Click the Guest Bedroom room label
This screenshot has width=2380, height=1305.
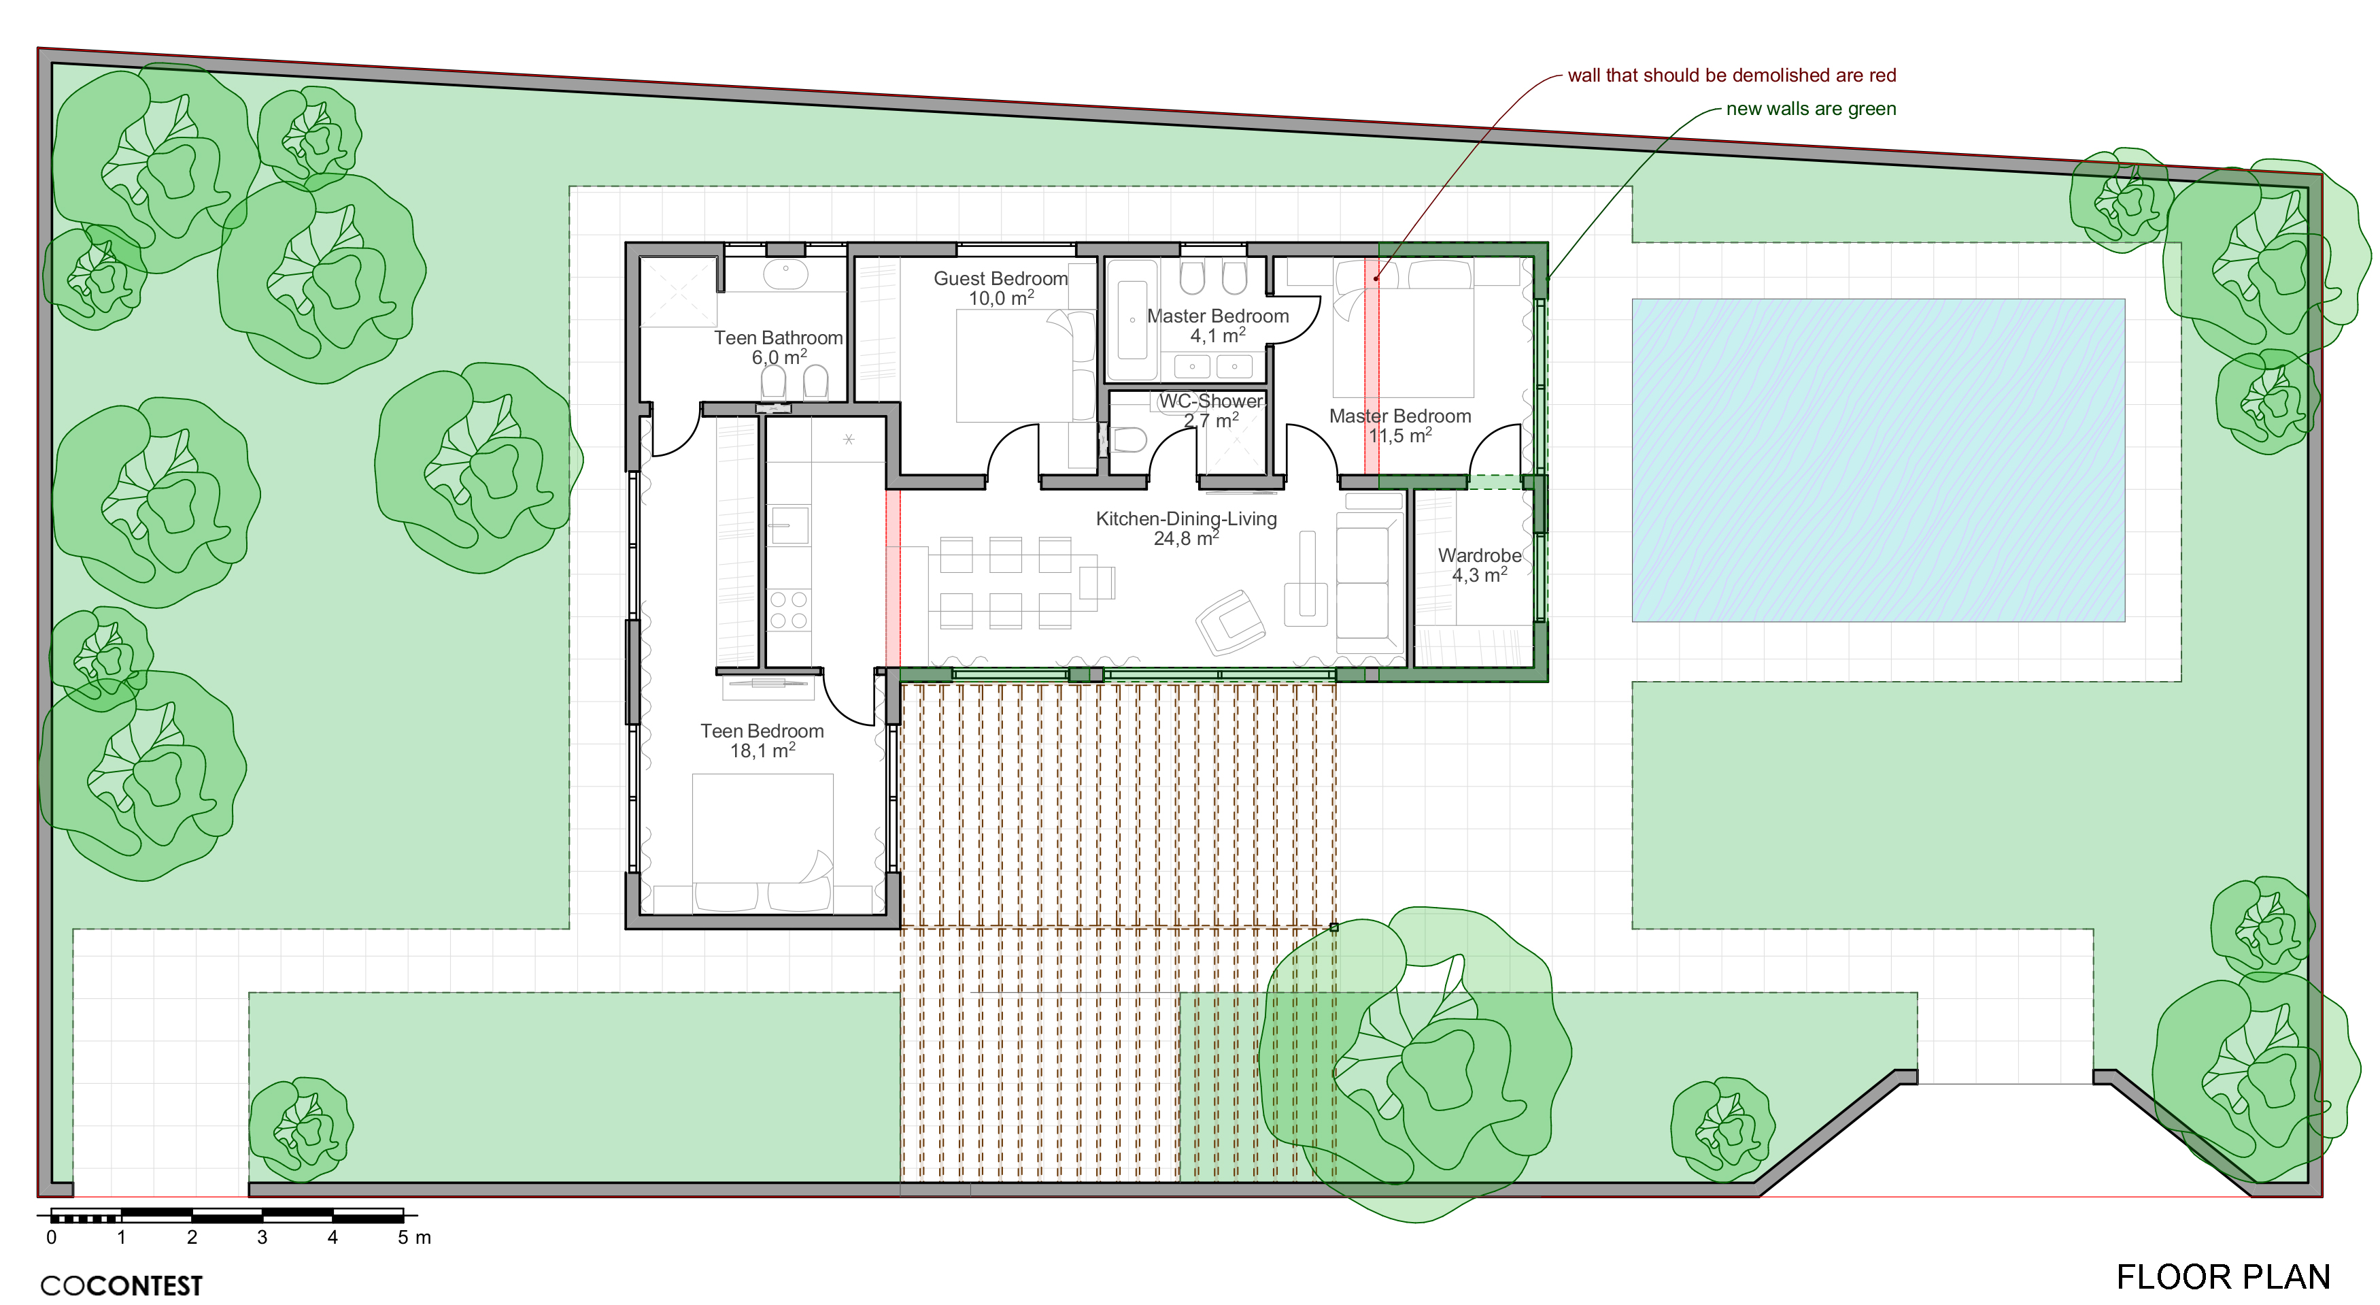click(1000, 278)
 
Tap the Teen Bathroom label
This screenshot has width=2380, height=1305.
click(778, 338)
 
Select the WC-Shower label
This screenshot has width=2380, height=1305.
click(1210, 401)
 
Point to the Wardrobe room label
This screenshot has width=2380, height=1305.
click(1479, 555)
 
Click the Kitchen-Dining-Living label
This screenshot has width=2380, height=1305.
click(1187, 518)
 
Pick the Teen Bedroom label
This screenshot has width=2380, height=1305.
click(762, 731)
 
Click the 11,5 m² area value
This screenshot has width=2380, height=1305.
click(1399, 435)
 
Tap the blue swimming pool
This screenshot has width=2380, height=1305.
click(1878, 459)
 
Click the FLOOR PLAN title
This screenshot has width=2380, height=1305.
click(2223, 1276)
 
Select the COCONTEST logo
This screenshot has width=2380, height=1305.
click(121, 1285)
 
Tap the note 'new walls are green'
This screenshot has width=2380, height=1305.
click(1811, 108)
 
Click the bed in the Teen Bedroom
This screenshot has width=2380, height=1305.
click(763, 843)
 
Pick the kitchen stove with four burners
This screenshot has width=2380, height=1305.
click(789, 610)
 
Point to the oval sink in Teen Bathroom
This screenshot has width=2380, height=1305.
click(786, 274)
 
